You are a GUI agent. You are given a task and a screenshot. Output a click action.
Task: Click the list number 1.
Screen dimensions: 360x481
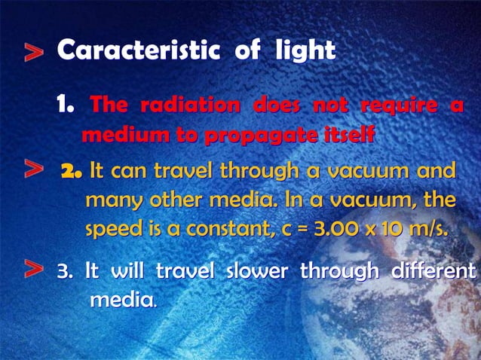pos(65,107)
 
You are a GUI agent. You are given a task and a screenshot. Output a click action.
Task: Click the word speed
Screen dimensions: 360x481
pos(114,228)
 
